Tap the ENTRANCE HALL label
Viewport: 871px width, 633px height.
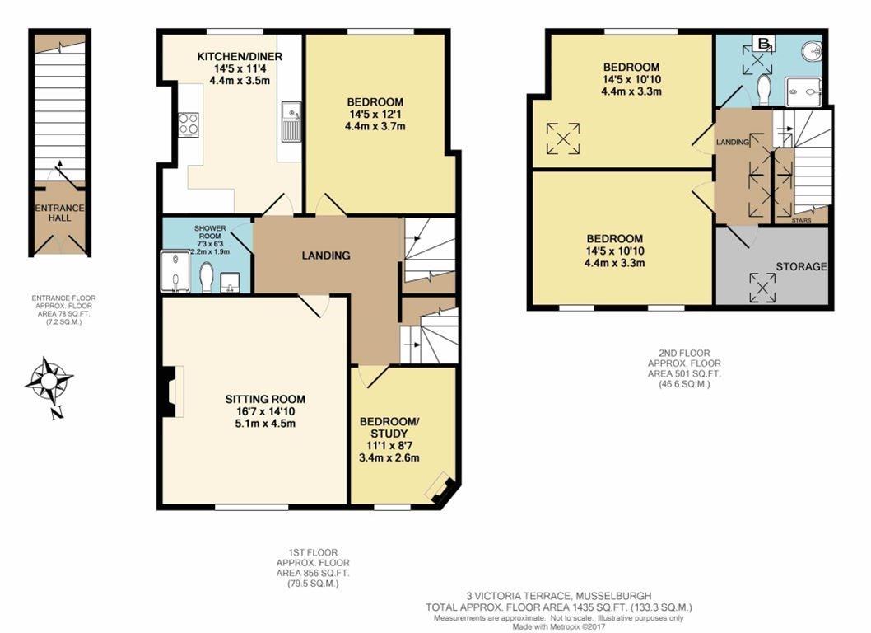point(59,213)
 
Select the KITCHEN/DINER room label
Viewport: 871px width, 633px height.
point(240,56)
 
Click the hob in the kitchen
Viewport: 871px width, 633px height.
point(189,124)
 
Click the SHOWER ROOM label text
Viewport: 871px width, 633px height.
point(210,232)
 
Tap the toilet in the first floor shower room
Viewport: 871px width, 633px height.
point(206,276)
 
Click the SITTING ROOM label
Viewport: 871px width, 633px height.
point(265,399)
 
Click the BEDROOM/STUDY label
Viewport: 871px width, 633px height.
point(389,427)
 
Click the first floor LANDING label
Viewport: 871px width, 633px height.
point(326,256)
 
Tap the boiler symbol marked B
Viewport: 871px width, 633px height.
point(764,42)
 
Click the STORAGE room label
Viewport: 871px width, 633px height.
point(801,266)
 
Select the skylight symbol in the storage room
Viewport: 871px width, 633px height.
point(762,288)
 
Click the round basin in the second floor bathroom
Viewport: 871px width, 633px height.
point(812,51)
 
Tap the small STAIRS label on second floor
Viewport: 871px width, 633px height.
point(802,220)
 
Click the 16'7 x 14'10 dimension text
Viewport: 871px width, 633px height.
point(265,411)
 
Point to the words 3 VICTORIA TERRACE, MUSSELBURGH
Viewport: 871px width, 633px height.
point(558,596)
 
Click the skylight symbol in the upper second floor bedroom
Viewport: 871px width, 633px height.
point(563,138)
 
